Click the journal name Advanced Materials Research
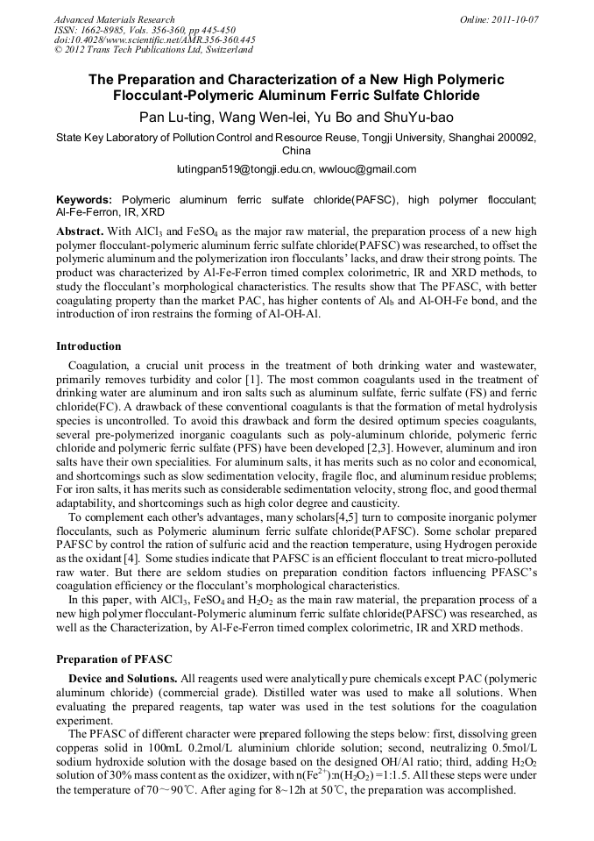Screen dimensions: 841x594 114,19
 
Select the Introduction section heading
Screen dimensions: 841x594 88,346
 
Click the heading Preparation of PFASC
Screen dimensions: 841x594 114,659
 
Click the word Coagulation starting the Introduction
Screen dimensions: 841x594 96,365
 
